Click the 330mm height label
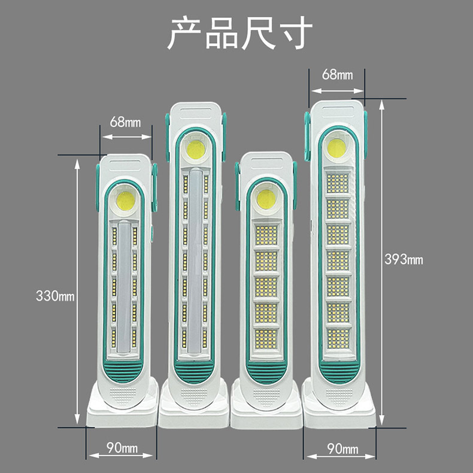[55, 296]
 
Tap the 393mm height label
[403, 259]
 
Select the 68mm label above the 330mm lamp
[125, 122]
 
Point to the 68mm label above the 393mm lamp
[337, 75]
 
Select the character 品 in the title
[221, 34]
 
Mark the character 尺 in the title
[258, 34]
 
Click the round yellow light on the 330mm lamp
[126, 201]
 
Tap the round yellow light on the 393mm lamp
[337, 149]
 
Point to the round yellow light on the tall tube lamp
[195, 150]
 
